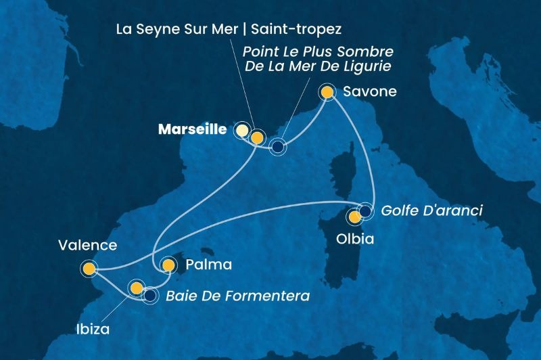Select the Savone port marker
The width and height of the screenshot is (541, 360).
pos(327,91)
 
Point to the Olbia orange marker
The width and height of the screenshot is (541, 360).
pos(354,217)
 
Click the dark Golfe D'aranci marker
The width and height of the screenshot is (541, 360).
pos(366,210)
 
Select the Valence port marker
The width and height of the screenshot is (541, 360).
pos(89,269)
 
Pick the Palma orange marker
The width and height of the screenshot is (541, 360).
pos(168,265)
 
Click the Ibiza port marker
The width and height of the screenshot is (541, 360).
pos(137,288)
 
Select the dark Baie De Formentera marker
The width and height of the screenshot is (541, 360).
pos(150,295)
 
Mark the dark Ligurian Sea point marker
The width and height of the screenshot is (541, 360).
pos(278,145)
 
